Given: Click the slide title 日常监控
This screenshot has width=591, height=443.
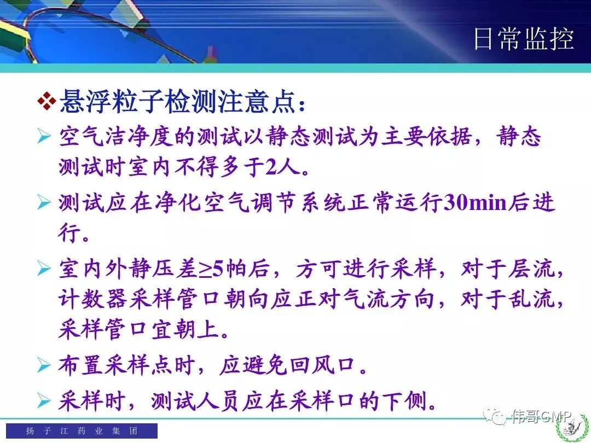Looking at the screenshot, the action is click(x=524, y=39).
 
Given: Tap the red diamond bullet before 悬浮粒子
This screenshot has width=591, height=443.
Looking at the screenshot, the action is click(x=47, y=101).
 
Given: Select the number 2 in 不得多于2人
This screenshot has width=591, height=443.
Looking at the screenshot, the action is click(x=271, y=166).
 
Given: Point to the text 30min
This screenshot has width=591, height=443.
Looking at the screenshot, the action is click(x=476, y=203).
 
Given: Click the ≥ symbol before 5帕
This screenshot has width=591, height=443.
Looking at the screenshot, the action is click(x=205, y=270).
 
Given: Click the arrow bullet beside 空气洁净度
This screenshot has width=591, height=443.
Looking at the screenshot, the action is click(x=44, y=136).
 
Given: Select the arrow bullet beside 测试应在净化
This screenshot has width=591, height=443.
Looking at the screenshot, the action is click(x=44, y=203).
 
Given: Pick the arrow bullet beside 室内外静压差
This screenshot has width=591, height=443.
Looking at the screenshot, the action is click(x=44, y=269).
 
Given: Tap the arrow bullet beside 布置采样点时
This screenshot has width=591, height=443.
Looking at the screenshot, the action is click(x=44, y=365).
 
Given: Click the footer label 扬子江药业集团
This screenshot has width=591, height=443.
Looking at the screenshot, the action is click(x=82, y=430).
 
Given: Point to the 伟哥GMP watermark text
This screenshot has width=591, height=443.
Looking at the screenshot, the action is click(x=542, y=416).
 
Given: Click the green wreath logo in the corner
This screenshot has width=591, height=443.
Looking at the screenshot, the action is click(x=573, y=428).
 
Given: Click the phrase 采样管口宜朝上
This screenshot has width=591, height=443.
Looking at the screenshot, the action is click(x=139, y=329).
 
